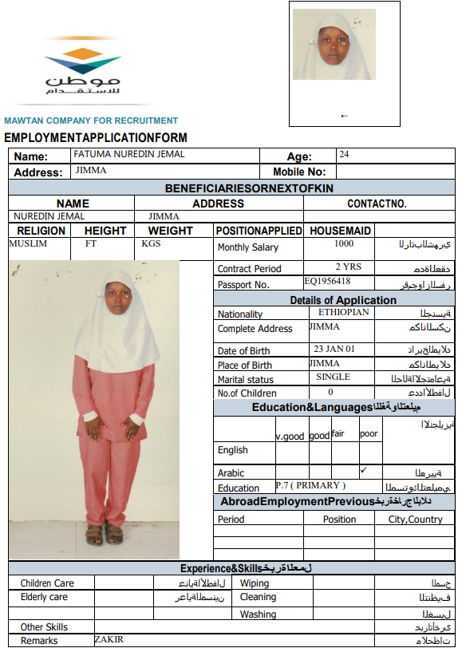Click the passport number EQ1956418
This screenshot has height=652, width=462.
pos(327,282)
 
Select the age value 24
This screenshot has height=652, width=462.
pos(344,154)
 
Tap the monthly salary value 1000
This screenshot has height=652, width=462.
pos(344,244)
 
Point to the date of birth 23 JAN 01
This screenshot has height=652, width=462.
pos(334,349)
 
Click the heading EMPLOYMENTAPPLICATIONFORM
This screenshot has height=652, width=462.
pos(96,138)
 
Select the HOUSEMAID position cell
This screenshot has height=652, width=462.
pos(340,231)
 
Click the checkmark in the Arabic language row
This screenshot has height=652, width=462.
pos(364,470)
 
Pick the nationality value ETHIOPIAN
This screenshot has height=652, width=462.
pos(344,312)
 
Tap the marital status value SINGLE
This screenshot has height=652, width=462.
pos(333,377)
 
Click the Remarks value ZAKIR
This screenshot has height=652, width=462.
pos(109,639)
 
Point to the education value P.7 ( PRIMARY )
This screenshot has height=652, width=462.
pos(310,485)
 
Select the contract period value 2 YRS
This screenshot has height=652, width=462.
pos(348,267)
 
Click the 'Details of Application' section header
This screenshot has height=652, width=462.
pos(342,300)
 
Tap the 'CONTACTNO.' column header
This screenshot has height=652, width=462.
pos(377,204)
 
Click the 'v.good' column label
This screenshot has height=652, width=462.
pos(290,436)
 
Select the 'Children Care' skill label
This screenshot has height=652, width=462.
pos(47,583)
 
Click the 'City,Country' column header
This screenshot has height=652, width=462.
pos(415,520)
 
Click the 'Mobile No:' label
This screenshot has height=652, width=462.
pos(299,172)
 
